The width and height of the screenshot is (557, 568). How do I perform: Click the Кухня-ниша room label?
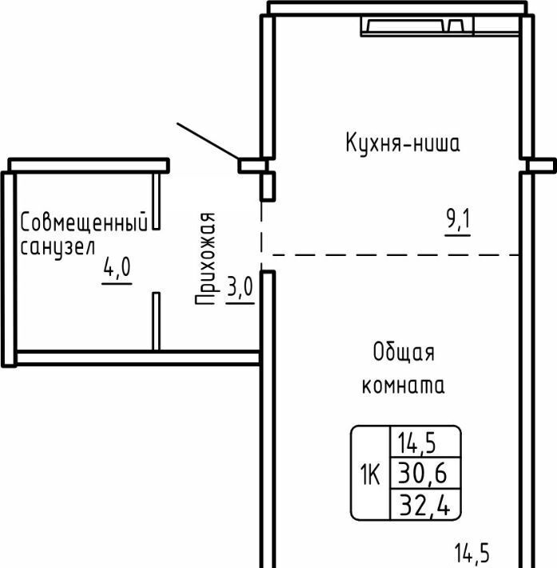(403, 143)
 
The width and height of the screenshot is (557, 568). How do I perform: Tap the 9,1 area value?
(458, 220)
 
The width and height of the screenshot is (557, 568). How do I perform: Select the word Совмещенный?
(84, 222)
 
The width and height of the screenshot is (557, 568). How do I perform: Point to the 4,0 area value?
(117, 267)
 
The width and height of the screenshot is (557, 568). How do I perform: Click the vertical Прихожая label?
(206, 258)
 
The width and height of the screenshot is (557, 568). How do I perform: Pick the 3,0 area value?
(241, 287)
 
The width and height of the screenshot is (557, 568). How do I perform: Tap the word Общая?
(404, 352)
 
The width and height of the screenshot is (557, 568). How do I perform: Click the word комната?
(404, 385)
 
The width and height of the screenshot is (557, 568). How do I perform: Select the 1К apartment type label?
(370, 474)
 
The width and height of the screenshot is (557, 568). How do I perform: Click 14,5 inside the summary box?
(416, 443)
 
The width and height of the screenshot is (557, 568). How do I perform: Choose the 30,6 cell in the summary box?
(423, 474)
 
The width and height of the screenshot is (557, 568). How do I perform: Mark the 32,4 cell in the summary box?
(424, 505)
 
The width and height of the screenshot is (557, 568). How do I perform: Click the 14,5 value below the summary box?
(471, 553)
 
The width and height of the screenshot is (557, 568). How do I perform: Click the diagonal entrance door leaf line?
(208, 142)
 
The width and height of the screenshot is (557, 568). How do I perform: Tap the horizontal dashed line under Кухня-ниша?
(396, 255)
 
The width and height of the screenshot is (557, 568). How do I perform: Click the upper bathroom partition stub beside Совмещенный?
(156, 201)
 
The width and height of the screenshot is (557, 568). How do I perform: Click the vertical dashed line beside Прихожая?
(261, 234)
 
